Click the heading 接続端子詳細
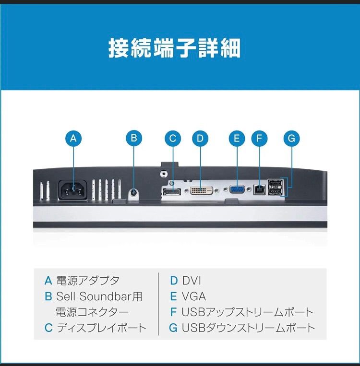point(174,48)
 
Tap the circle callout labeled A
point(73,139)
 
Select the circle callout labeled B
point(134,139)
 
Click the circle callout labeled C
point(173,139)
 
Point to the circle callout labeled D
point(200,139)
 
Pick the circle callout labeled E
point(236,139)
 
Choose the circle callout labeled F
point(259,139)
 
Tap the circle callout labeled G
point(291,139)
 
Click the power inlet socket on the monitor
point(73,190)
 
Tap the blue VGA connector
point(237,190)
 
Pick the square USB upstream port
point(260,190)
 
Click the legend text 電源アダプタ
point(87,281)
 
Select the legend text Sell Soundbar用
point(99,296)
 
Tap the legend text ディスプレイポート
point(101,329)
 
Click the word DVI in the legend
point(192,281)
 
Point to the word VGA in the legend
point(193,296)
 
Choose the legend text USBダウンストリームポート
point(248,329)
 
